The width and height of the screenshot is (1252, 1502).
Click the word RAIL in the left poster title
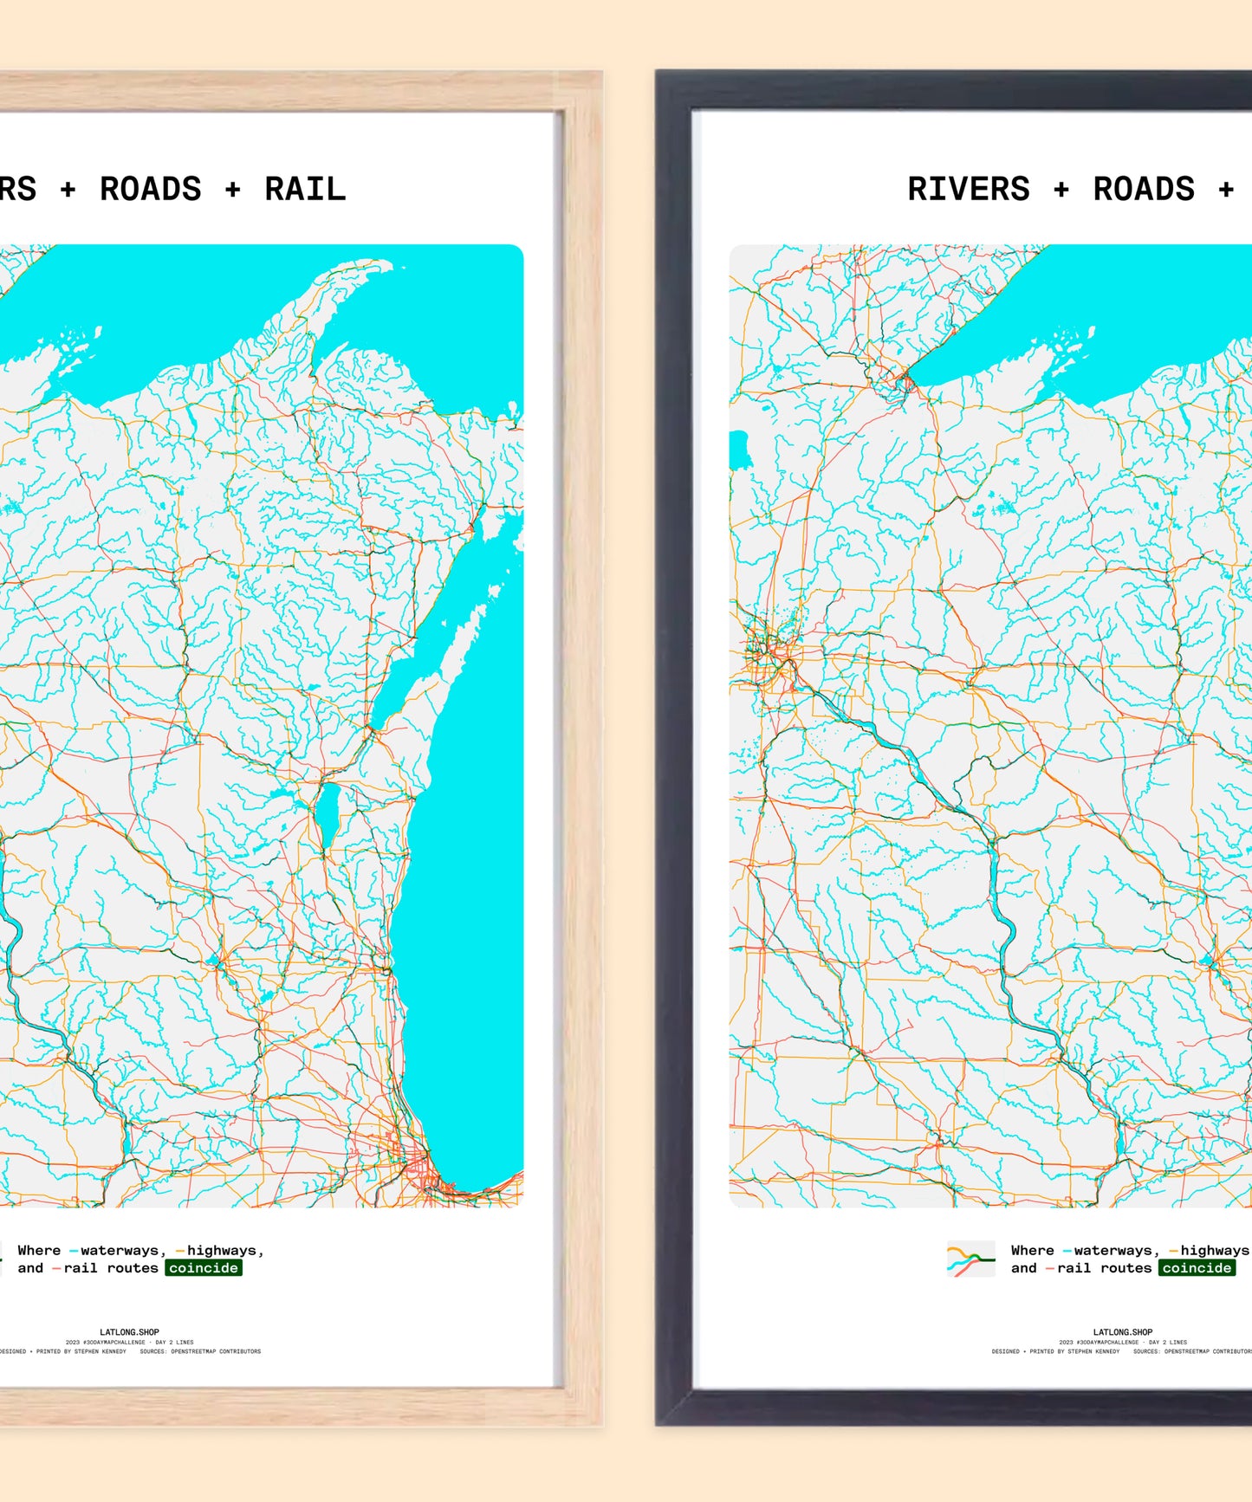[x=305, y=189]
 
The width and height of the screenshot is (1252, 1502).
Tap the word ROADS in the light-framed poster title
[x=150, y=189]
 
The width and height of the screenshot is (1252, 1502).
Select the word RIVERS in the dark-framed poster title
[x=968, y=189]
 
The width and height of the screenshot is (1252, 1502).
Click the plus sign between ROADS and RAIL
[x=232, y=190]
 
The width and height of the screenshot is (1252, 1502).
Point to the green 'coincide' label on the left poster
[x=204, y=1268]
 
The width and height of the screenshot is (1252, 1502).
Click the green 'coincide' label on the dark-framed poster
[x=1197, y=1268]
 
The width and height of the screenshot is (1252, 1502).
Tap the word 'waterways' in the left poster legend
[x=120, y=1251]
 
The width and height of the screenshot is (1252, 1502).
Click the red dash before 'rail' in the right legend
[x=1050, y=1269]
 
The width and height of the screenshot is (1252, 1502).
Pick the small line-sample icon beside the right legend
[x=970, y=1259]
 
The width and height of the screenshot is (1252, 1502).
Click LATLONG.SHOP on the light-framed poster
[x=129, y=1332]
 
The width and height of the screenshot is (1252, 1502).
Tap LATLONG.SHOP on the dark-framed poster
[x=1123, y=1332]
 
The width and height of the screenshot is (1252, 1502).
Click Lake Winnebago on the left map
[x=326, y=814]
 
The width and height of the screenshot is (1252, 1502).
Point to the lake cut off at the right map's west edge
[x=737, y=450]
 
